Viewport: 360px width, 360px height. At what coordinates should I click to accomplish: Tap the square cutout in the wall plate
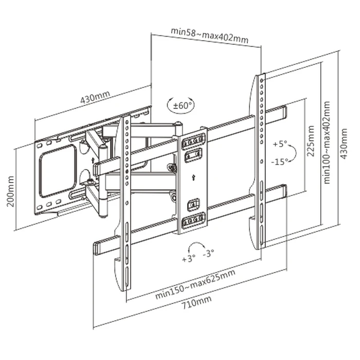(58, 170)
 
